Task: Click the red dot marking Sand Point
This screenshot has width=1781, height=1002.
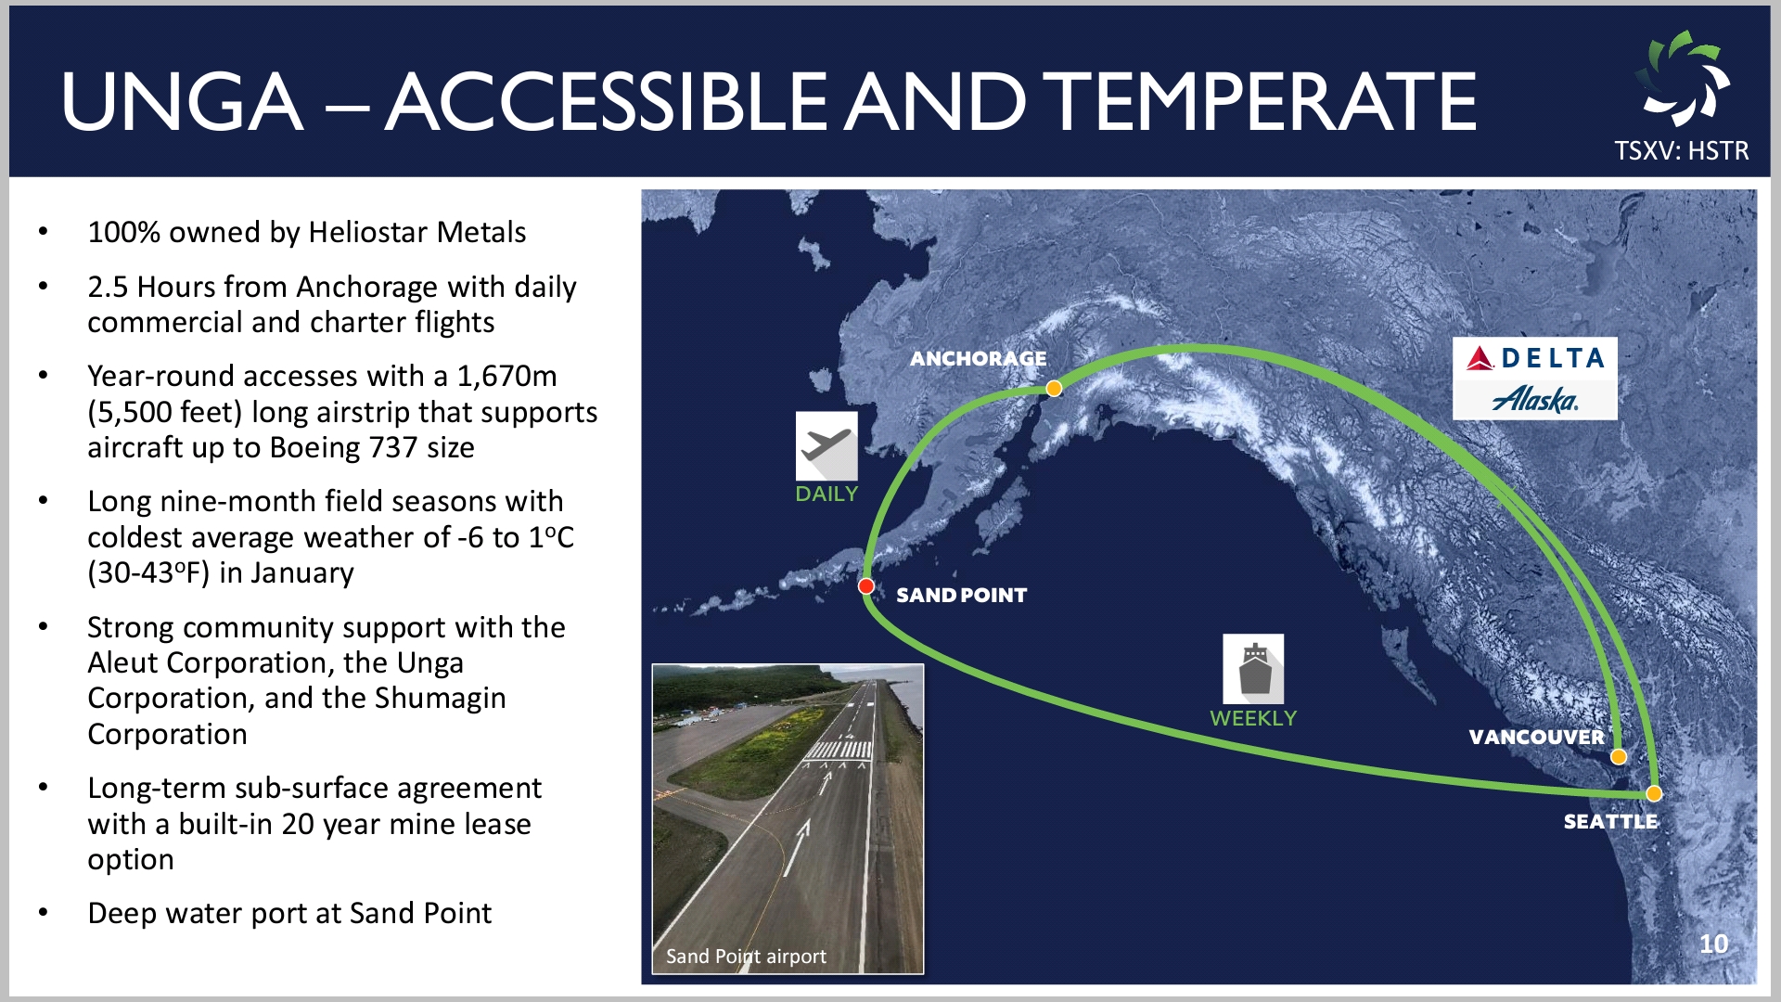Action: click(x=866, y=585)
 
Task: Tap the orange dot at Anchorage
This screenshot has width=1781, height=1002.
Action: click(x=1054, y=389)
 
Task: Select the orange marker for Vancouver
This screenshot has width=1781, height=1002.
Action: click(x=1619, y=756)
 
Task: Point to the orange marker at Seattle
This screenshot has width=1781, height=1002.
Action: click(x=1654, y=793)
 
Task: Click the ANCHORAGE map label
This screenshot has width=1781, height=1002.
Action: click(x=978, y=358)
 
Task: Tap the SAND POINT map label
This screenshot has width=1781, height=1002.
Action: click(x=961, y=595)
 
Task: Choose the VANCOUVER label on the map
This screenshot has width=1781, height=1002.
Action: click(x=1536, y=737)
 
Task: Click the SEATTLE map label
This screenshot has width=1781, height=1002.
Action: click(x=1610, y=821)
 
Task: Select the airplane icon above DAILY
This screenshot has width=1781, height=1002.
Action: click(x=826, y=446)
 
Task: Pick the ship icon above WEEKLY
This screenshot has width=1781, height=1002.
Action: click(x=1253, y=669)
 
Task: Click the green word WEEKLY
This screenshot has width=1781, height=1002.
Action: click(x=1253, y=718)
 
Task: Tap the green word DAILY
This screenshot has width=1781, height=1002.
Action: click(x=826, y=494)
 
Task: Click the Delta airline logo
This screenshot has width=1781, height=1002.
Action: click(x=1535, y=357)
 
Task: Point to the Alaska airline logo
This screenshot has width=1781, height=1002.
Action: click(x=1535, y=399)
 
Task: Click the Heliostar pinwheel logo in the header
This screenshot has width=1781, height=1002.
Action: click(x=1682, y=79)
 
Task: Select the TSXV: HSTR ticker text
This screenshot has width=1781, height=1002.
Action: click(x=1681, y=150)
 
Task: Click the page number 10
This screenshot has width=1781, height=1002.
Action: click(x=1713, y=944)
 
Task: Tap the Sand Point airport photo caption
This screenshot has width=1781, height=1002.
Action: click(x=746, y=956)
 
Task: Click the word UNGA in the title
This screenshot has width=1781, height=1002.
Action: click(x=182, y=101)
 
